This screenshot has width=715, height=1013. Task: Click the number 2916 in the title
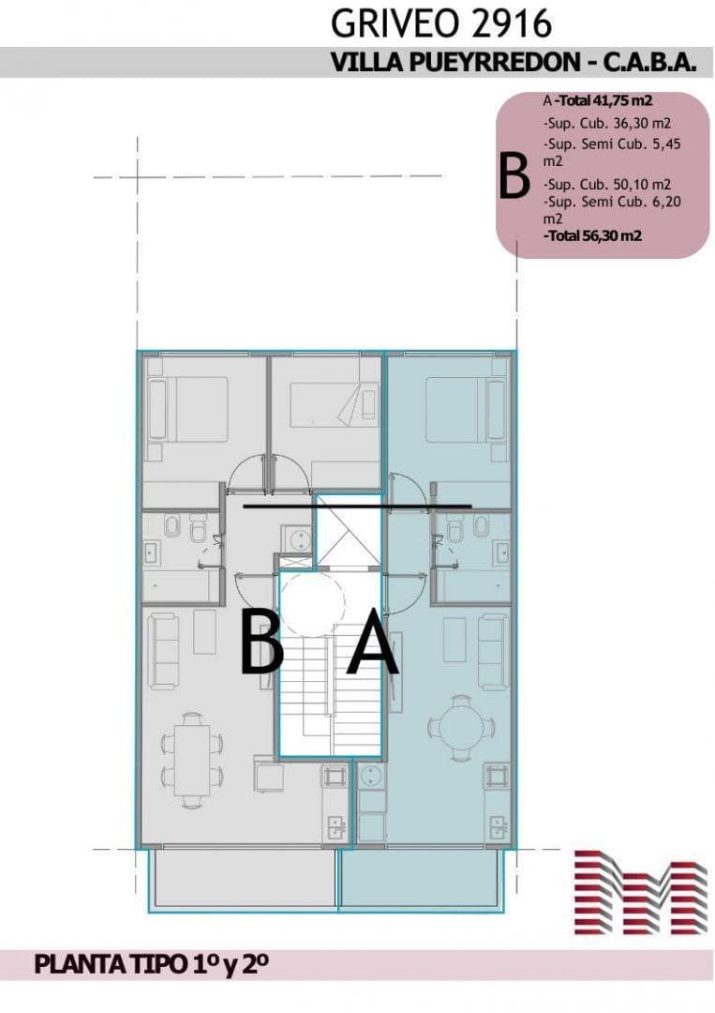(x=512, y=23)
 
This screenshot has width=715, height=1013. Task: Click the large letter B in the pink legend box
(x=514, y=176)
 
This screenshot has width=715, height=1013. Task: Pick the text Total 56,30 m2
(x=593, y=235)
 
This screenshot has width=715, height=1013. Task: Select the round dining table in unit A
(x=460, y=728)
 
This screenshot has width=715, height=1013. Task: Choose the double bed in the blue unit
(x=466, y=410)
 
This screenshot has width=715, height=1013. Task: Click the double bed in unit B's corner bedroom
(x=187, y=410)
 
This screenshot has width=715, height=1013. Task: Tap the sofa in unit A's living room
(x=493, y=652)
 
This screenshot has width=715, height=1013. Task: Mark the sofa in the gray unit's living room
(x=163, y=652)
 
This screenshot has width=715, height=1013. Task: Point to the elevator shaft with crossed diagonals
(x=345, y=532)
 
